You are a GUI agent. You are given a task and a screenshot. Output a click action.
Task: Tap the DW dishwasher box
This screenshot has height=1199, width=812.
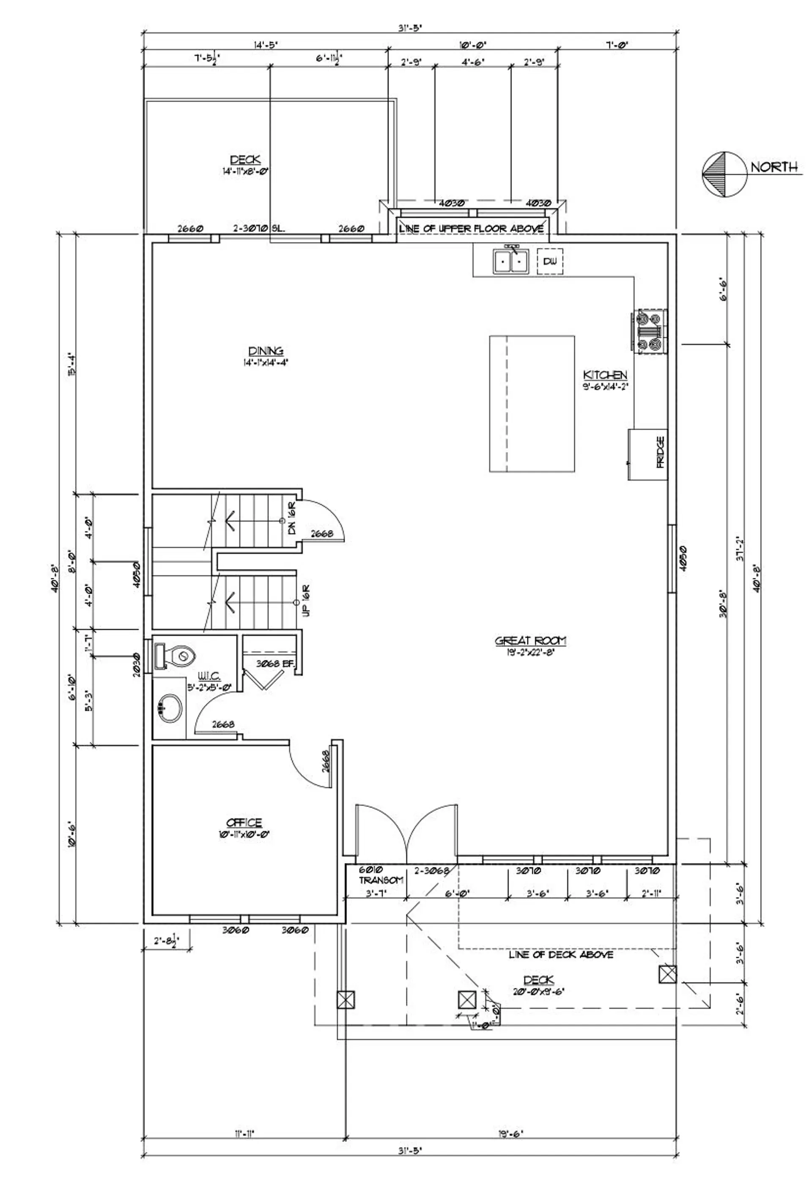point(550,261)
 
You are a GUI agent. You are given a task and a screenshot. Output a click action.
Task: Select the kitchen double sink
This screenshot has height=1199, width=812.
point(511,261)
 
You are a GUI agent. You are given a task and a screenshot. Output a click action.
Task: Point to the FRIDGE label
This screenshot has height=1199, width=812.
point(660,452)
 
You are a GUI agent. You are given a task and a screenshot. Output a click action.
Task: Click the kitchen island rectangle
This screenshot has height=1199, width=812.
point(532,404)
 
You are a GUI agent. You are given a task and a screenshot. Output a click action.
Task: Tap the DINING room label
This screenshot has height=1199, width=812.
point(265,351)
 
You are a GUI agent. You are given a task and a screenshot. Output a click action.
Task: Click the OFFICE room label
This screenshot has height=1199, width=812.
point(244,823)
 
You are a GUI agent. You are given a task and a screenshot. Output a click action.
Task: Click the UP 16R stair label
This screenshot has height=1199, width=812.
point(305,600)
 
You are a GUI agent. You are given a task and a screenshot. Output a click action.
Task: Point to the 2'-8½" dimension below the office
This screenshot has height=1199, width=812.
point(166,940)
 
